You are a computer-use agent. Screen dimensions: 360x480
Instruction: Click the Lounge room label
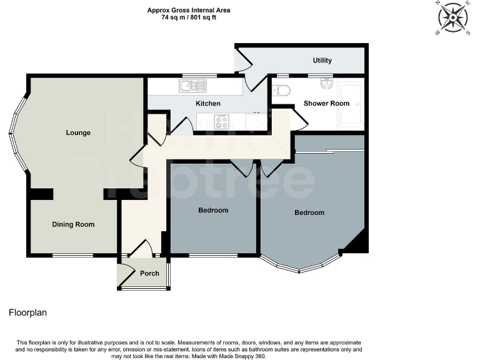point(79,132)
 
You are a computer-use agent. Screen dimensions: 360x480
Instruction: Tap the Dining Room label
point(73,224)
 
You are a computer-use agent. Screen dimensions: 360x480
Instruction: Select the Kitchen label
point(208,103)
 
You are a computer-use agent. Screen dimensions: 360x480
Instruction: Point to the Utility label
point(322,61)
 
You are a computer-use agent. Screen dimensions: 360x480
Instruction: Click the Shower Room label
point(326,103)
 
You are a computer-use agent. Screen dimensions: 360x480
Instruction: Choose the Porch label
point(149,273)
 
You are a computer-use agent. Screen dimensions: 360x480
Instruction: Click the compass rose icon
point(453,17)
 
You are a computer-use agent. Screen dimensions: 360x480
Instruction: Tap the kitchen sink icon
point(193,86)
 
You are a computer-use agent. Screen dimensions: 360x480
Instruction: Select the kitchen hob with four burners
point(221,121)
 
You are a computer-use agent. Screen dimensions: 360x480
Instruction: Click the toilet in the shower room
point(282,91)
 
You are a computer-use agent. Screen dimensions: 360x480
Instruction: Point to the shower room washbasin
point(326,84)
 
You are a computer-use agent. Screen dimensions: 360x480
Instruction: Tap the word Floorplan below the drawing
point(28,312)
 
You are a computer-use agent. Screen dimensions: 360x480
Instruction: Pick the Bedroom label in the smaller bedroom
point(213,210)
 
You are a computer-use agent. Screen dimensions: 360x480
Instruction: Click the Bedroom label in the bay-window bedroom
point(309,212)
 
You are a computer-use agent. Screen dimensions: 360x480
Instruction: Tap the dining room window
point(72,255)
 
